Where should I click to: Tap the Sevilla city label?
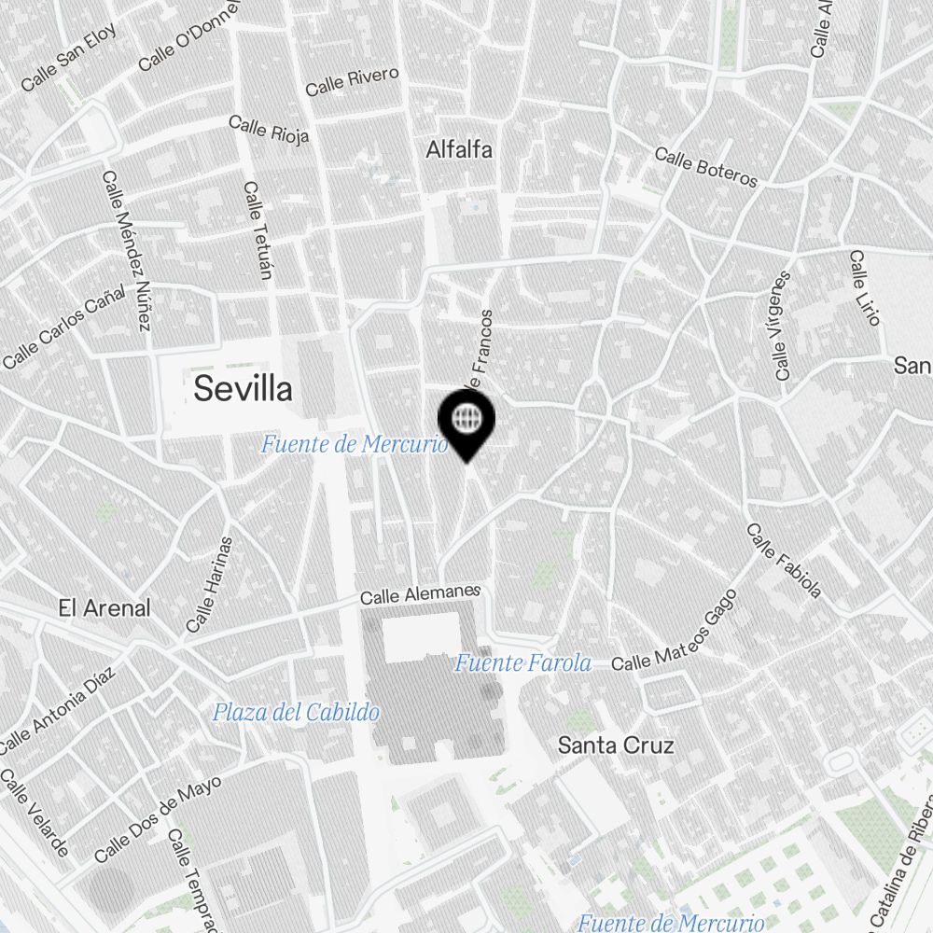(x=243, y=389)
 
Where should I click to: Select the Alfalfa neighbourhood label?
(x=459, y=149)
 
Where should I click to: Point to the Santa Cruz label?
(x=615, y=745)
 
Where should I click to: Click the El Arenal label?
(x=104, y=608)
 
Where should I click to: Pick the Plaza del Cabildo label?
(x=296, y=713)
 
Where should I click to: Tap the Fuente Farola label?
(x=522, y=663)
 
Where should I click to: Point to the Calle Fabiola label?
(x=784, y=560)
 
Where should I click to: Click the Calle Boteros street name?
(x=705, y=166)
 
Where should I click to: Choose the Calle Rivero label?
(x=352, y=81)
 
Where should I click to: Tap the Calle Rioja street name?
(x=269, y=130)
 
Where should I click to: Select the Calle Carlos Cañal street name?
(x=63, y=327)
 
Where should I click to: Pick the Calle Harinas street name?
(x=209, y=585)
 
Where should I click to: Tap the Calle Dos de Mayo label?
(x=158, y=819)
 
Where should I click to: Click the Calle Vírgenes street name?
(x=782, y=327)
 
